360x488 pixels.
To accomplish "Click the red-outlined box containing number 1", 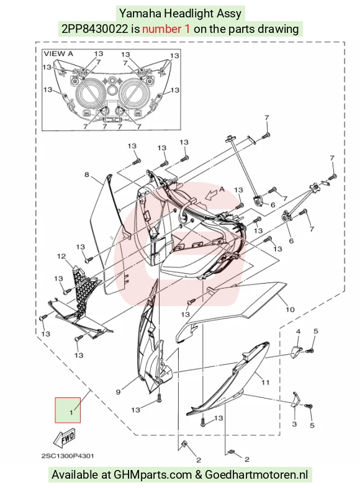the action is click(68, 410).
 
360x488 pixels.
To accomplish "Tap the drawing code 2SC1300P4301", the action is click(68, 456).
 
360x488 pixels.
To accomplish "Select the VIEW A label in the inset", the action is click(58, 53).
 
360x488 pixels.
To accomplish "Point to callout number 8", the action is click(87, 174).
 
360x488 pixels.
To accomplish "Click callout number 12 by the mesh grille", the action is click(61, 256).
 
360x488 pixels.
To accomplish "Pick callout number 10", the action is click(290, 309).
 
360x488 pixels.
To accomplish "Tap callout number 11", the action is click(265, 382).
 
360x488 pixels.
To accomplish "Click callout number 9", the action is click(118, 392).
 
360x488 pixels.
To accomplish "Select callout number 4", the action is click(298, 332).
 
